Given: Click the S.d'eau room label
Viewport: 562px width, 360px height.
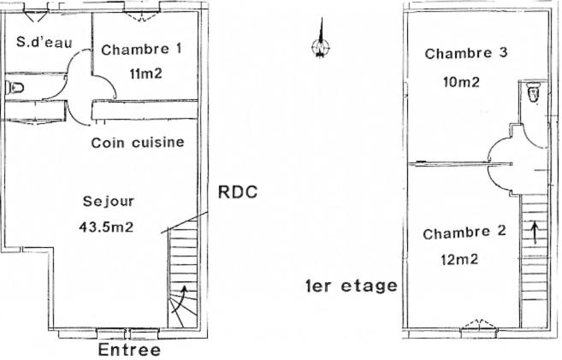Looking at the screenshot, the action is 44,42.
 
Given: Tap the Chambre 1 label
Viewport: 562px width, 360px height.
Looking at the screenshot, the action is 141,50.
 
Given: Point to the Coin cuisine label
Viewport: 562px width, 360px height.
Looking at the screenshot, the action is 138,143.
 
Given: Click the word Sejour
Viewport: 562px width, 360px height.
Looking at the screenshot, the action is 109,202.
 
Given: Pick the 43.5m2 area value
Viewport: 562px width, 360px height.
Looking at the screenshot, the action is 106,227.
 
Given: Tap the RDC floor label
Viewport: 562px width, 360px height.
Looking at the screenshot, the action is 238,192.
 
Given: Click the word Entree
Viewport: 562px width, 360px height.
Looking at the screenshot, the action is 129,350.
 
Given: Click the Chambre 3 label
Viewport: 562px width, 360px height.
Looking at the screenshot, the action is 466,53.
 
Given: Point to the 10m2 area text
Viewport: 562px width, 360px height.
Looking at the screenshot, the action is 461,82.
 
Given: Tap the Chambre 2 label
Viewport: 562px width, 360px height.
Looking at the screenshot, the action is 464,233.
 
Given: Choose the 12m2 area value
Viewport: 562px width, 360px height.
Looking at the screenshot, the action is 460,259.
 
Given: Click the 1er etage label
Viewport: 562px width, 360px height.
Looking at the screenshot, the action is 352,286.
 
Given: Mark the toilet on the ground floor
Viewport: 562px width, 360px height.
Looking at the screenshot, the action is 15,87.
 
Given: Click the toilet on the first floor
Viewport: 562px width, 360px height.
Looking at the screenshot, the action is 533,92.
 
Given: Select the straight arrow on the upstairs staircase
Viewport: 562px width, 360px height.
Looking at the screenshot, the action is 535,233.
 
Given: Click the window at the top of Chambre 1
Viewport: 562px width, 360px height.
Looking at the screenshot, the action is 142,16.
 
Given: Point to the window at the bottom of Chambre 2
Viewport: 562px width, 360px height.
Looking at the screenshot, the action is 479,324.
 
